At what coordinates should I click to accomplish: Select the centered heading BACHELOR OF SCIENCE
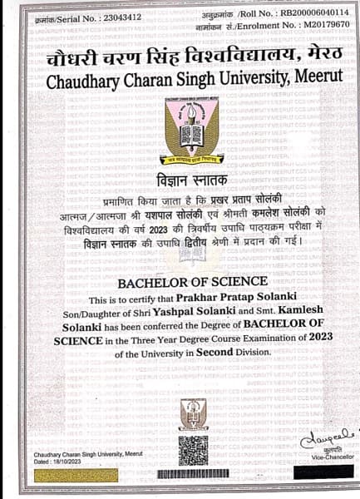(x=193, y=282)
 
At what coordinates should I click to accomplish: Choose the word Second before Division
(x=220, y=353)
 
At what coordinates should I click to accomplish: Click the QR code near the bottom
(x=193, y=449)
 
